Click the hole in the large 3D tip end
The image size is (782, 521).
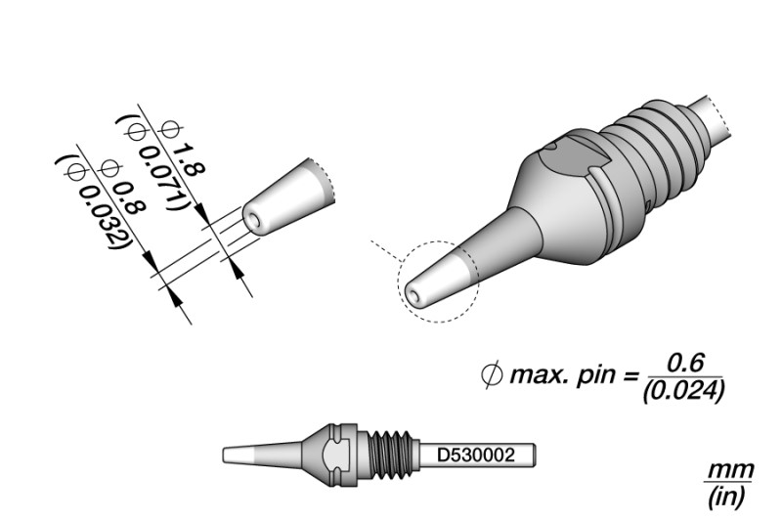[413, 290]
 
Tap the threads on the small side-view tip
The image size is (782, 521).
[390, 456]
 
